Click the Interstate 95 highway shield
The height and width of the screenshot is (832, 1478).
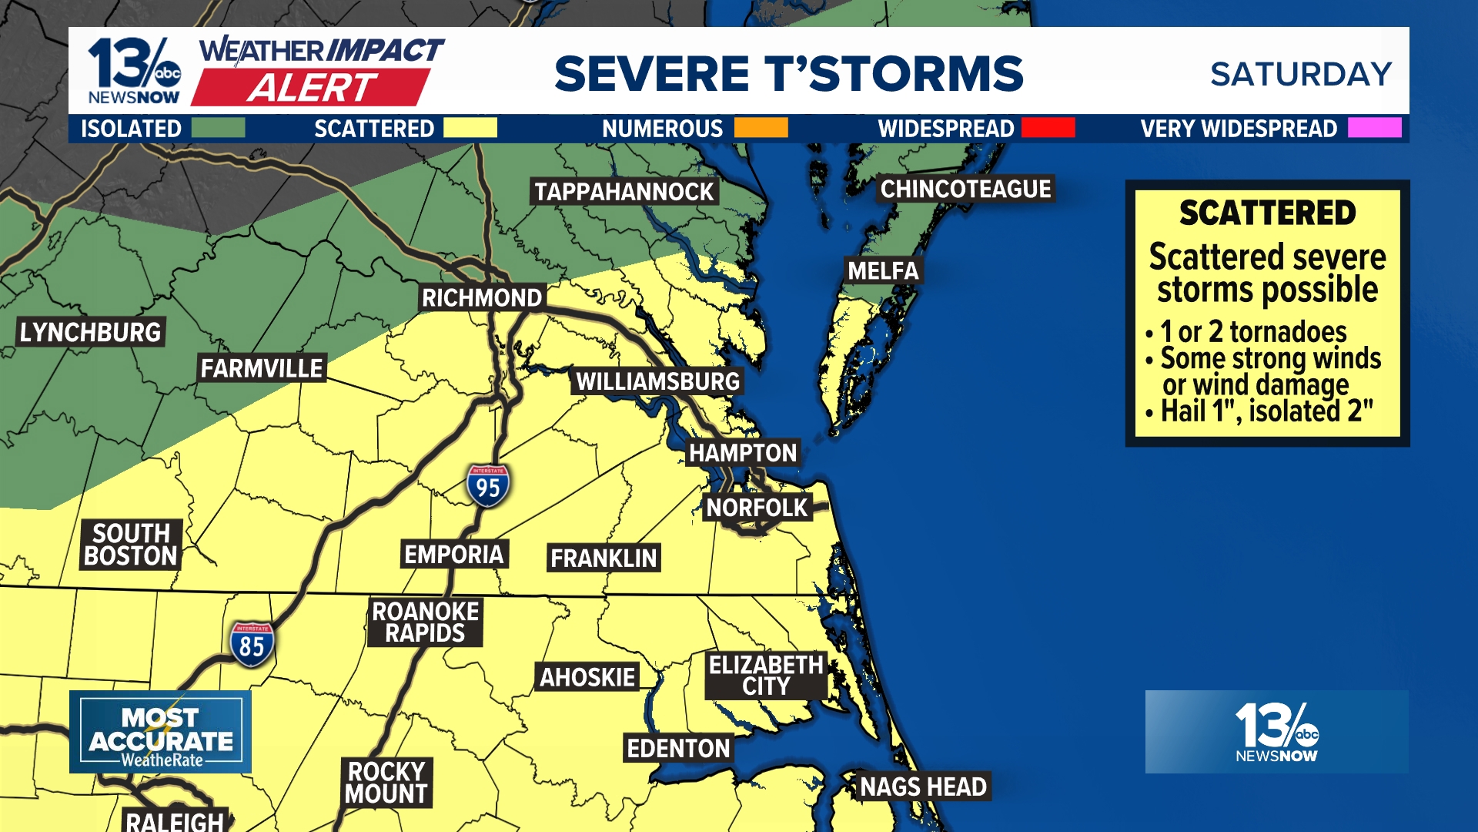click(x=487, y=485)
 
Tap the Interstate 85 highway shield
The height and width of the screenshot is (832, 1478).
click(x=252, y=644)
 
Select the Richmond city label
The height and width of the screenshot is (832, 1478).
click(x=482, y=298)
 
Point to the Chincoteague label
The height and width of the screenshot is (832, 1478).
click(x=965, y=190)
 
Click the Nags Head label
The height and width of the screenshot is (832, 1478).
click(x=923, y=787)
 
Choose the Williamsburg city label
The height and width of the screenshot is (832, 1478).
click(x=657, y=381)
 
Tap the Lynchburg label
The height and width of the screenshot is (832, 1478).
click(x=91, y=333)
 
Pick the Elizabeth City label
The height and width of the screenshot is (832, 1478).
click(x=766, y=676)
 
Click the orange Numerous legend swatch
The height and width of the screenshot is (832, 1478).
click(x=761, y=128)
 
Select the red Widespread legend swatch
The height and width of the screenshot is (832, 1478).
click(x=1048, y=128)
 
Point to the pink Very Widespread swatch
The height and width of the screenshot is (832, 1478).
click(x=1374, y=128)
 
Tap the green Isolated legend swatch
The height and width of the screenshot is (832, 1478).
click(x=218, y=128)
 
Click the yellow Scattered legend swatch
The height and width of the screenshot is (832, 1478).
click(x=470, y=128)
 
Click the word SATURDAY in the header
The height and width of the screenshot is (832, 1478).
click(x=1301, y=75)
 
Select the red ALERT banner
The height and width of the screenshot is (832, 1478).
click(x=312, y=88)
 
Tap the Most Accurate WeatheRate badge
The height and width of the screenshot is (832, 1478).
click(x=160, y=732)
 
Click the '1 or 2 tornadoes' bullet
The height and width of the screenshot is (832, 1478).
click(x=1253, y=332)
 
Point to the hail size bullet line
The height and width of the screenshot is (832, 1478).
click(x=1266, y=411)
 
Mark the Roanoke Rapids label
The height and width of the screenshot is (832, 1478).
click(x=425, y=622)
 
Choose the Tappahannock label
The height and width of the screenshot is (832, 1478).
click(x=624, y=192)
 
